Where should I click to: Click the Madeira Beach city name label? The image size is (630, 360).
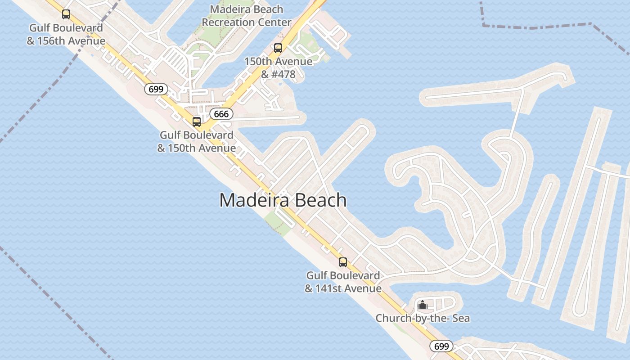pyautogui.click(x=283, y=200)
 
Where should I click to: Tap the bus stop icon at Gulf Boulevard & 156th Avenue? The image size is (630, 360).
pyautogui.click(x=66, y=14)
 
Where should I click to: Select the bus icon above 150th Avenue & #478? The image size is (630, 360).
pyautogui.click(x=278, y=48)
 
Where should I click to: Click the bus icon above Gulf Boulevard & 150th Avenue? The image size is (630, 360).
pyautogui.click(x=197, y=121)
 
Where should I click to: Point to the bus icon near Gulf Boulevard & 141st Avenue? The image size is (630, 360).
pyautogui.click(x=343, y=262)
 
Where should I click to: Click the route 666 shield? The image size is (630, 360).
pyautogui.click(x=221, y=114)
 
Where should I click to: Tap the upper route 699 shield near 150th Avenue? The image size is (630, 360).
pyautogui.click(x=156, y=89)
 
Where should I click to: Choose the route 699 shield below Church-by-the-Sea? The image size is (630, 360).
pyautogui.click(x=441, y=346)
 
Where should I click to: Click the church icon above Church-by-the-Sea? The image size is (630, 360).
pyautogui.click(x=422, y=305)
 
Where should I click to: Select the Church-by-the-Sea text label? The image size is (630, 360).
pyautogui.click(x=423, y=318)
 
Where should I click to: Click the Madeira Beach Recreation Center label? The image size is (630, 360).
pyautogui.click(x=247, y=16)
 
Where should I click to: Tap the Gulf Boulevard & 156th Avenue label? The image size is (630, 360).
pyautogui.click(x=66, y=34)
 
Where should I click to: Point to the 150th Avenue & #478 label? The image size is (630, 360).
pyautogui.click(x=278, y=67)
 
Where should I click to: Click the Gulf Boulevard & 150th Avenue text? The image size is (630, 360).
pyautogui.click(x=197, y=141)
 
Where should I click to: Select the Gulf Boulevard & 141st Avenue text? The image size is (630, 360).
pyautogui.click(x=343, y=282)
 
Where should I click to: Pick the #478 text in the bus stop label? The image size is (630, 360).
pyautogui.click(x=284, y=74)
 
